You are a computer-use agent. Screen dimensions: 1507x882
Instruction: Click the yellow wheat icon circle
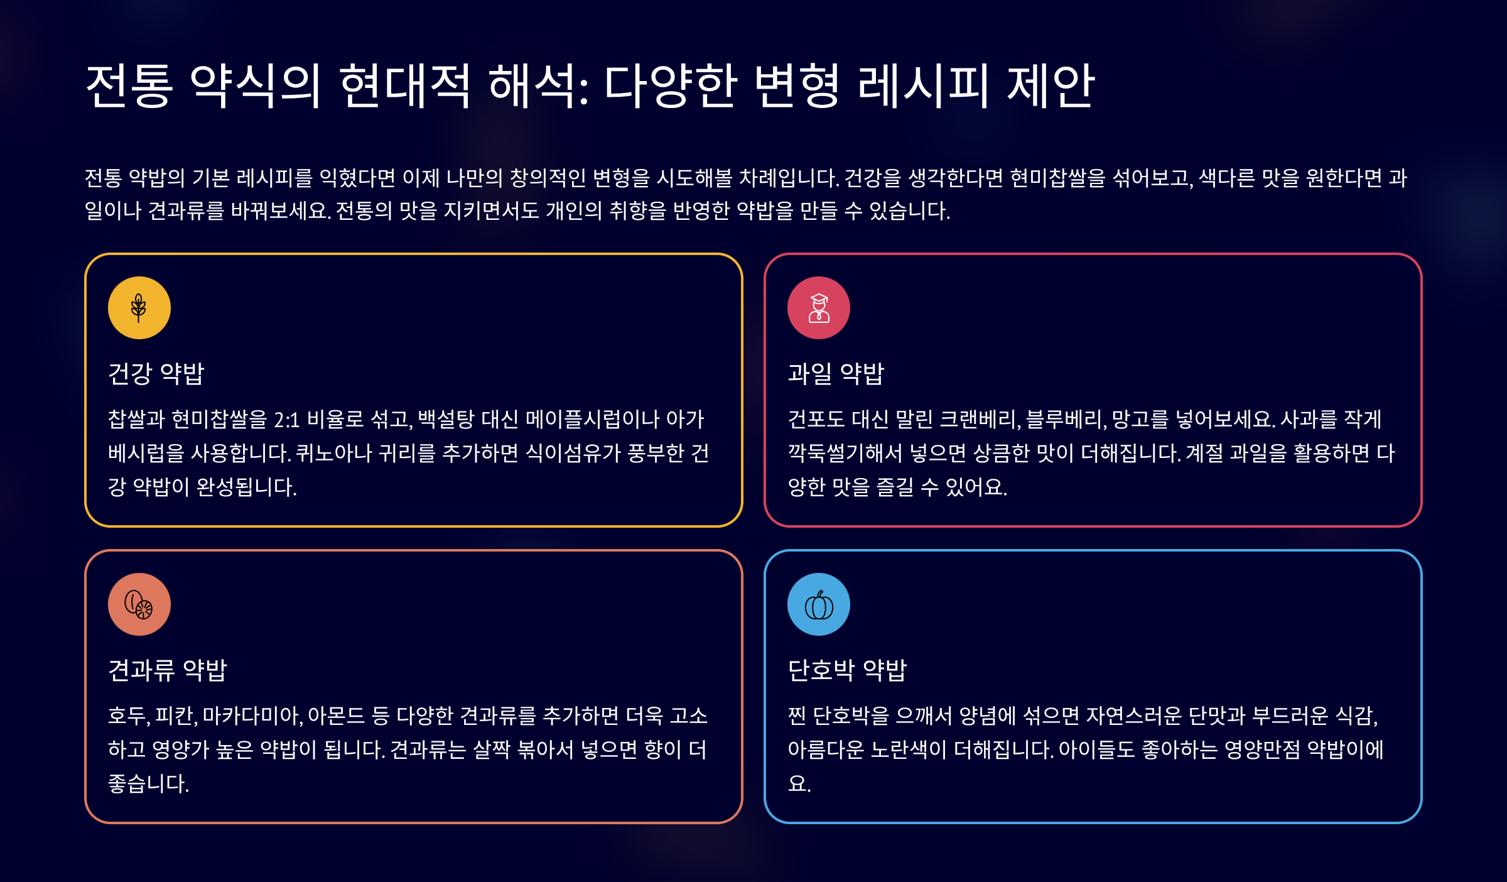tap(139, 308)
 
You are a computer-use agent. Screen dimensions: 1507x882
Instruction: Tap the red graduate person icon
tap(819, 308)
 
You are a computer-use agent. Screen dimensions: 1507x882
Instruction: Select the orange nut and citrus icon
tap(139, 604)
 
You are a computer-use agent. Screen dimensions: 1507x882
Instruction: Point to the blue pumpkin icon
tap(819, 604)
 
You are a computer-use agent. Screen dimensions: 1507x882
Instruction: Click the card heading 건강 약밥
tap(156, 373)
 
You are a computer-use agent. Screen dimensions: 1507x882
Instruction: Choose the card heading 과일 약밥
tap(836, 373)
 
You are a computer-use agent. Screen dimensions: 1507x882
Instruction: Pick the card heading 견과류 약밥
tap(168, 670)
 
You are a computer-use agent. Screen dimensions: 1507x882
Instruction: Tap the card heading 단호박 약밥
tap(847, 670)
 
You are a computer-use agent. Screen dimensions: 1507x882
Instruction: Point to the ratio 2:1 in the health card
tap(287, 420)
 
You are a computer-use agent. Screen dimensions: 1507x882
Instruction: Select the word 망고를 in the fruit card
tap(1140, 420)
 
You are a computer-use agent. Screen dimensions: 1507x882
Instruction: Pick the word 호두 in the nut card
tap(128, 716)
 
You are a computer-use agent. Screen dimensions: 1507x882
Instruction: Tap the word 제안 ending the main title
tap(1051, 85)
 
